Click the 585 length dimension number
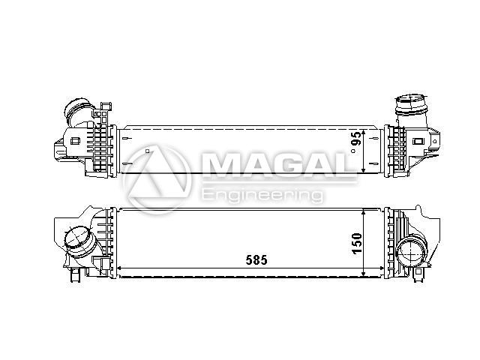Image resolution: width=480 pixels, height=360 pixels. tap(256, 260)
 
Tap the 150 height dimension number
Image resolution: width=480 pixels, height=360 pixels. tap(356, 243)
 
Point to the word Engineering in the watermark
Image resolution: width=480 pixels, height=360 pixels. tap(262, 195)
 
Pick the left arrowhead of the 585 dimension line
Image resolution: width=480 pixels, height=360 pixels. tap(120, 268)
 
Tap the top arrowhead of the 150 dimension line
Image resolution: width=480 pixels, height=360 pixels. tap(363, 212)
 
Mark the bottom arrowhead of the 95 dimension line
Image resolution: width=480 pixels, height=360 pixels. tap(363, 170)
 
